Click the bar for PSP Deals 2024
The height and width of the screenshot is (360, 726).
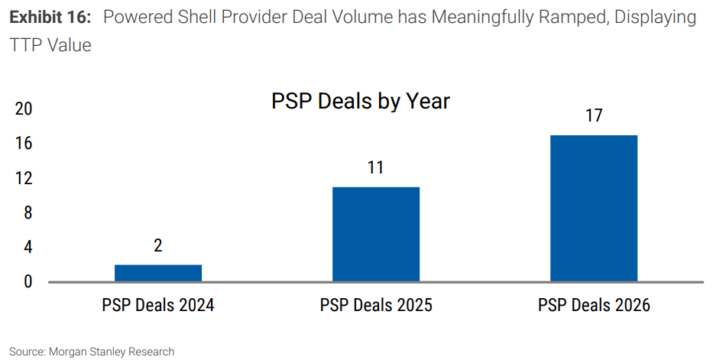(x=158, y=273)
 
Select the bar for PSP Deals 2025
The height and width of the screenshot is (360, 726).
(x=376, y=234)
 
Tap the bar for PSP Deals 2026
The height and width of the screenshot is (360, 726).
(x=594, y=208)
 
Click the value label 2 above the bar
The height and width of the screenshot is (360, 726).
(x=158, y=245)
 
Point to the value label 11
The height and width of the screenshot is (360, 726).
(x=375, y=167)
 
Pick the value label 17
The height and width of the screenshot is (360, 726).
(x=594, y=115)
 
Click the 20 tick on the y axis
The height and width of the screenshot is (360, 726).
(x=24, y=109)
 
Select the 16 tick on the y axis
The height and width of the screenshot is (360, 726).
(x=24, y=144)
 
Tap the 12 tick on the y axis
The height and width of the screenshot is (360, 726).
(x=24, y=178)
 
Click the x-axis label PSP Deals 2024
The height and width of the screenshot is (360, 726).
(x=158, y=306)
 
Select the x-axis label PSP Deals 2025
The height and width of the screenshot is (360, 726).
(x=376, y=306)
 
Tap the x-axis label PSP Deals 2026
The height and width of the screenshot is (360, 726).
(x=594, y=306)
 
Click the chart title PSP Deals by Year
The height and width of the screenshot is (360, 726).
(x=360, y=102)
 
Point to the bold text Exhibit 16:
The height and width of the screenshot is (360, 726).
(x=50, y=18)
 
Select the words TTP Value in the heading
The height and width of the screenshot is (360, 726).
(x=50, y=46)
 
